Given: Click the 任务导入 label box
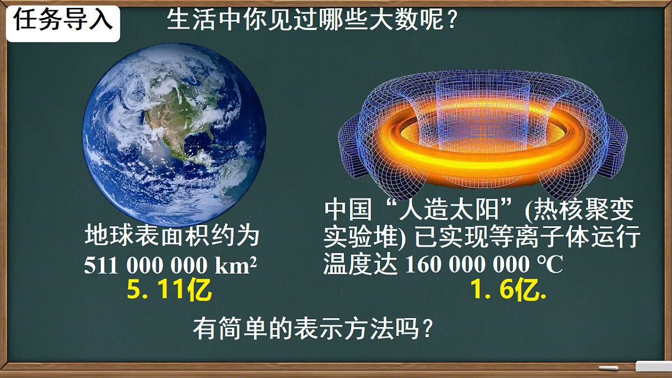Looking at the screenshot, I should pyautogui.click(x=63, y=23).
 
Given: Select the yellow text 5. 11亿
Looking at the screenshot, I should pyautogui.click(x=169, y=291).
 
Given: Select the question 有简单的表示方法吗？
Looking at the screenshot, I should pyautogui.click(x=314, y=329).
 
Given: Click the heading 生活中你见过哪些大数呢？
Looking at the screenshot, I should pyautogui.click(x=314, y=22).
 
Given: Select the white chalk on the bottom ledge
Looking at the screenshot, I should pyautogui.click(x=608, y=368).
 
